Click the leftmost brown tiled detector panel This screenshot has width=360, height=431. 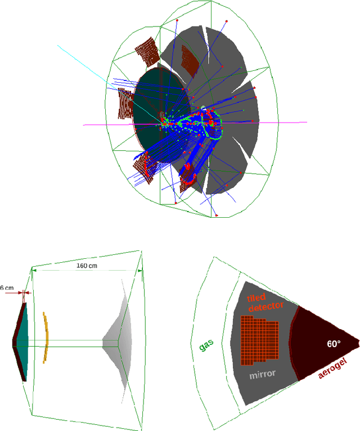tap(123, 104)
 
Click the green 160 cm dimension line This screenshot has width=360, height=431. tap(84, 271)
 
